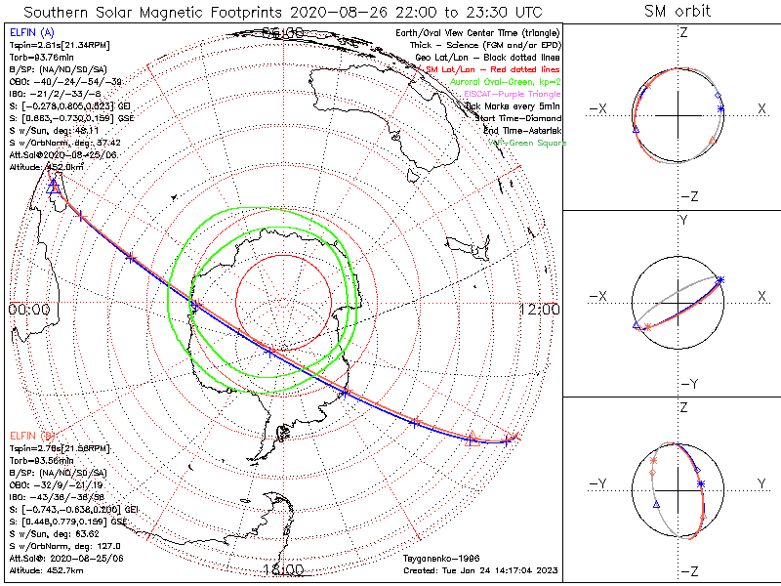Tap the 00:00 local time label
(x=28, y=309)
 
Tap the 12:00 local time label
(x=540, y=309)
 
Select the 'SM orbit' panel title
(x=678, y=11)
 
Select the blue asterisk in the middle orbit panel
(x=720, y=280)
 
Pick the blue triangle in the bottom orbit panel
(x=656, y=505)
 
